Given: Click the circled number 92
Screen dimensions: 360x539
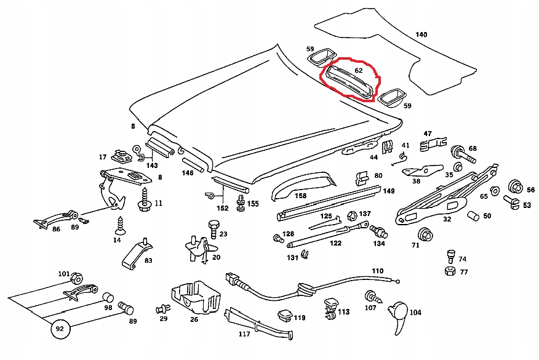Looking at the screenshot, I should (60, 329).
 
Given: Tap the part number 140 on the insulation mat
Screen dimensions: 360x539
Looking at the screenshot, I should (421, 34).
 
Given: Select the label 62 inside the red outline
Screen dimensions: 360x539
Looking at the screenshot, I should (359, 71).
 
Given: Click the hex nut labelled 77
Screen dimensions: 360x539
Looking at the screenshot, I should (449, 271).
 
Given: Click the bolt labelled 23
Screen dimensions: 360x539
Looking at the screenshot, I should (213, 232).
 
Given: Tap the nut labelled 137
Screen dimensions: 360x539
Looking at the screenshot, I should (353, 216).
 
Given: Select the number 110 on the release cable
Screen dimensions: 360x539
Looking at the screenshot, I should (377, 271).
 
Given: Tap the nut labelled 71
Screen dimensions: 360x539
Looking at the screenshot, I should (424, 234).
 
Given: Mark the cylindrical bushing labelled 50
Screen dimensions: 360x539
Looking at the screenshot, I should (473, 216).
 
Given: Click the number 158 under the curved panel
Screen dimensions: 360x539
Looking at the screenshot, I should (300, 196).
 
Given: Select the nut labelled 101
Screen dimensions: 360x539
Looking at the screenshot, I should (78, 276).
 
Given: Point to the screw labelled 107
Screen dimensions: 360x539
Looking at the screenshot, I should (371, 295).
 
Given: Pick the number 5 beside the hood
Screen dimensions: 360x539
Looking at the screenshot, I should (132, 127).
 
